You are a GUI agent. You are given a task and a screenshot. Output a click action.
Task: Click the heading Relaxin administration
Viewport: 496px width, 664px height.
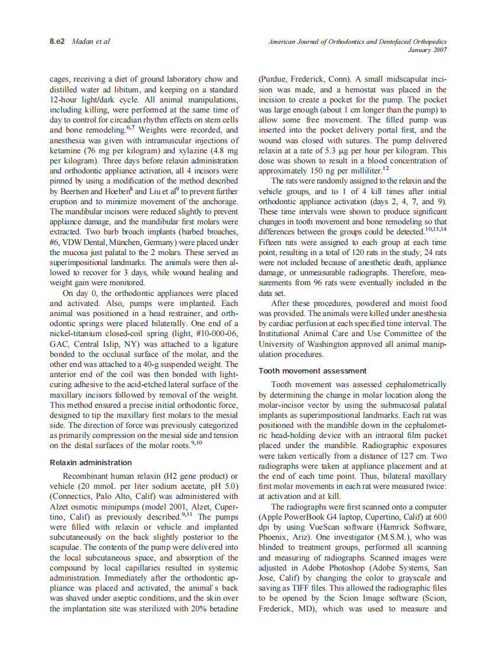(x=91, y=462)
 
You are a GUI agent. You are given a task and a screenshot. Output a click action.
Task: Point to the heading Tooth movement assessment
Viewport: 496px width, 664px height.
(x=313, y=370)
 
